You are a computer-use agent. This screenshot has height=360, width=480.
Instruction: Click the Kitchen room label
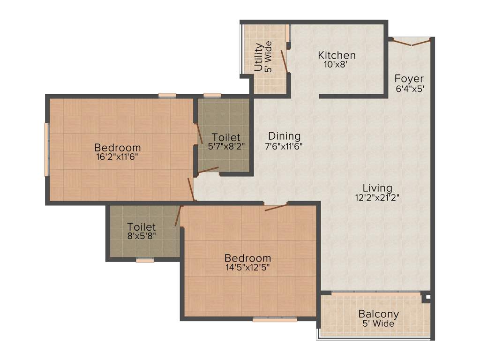(336, 55)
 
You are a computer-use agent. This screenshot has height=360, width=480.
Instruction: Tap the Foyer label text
(409, 79)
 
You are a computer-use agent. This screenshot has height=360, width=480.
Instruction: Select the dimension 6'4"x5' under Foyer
(410, 89)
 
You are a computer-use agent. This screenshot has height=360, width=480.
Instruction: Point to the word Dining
(281, 136)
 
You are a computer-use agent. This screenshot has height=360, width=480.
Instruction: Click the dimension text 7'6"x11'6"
(284, 146)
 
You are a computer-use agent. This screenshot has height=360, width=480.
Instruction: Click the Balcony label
(378, 314)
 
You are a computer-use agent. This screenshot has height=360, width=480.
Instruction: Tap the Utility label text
(258, 57)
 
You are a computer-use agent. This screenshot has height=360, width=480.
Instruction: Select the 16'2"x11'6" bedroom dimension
(117, 157)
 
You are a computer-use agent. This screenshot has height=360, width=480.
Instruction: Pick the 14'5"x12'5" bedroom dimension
(247, 268)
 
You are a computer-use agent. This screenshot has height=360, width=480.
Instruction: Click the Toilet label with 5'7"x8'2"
(226, 137)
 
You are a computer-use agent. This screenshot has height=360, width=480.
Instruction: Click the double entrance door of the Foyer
(411, 43)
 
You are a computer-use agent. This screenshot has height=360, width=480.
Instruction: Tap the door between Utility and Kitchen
(284, 61)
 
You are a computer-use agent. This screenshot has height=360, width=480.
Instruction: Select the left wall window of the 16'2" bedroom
(46, 149)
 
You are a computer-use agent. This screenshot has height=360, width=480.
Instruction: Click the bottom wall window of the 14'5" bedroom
(275, 320)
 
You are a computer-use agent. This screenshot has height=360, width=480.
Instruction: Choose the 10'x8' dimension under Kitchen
(335, 65)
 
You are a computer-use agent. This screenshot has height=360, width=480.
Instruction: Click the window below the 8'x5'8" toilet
(145, 260)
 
